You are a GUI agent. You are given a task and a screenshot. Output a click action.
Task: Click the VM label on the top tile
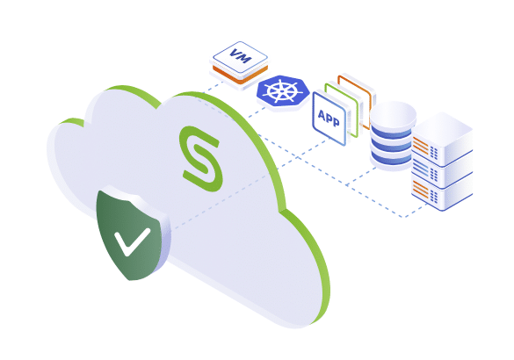pyautogui.click(x=240, y=56)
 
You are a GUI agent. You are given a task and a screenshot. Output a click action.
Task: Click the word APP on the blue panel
pyautogui.click(x=329, y=119)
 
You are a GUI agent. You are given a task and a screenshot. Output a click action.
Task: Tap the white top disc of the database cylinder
pyautogui.click(x=393, y=114)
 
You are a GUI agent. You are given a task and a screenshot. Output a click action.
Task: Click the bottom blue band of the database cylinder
pyautogui.click(x=392, y=160)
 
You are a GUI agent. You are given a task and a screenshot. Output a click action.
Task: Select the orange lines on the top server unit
pyautogui.click(x=421, y=146)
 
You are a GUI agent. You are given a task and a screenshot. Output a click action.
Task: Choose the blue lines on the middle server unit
pyautogui.click(x=421, y=169)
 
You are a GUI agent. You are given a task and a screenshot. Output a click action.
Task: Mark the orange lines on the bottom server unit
pyautogui.click(x=421, y=189)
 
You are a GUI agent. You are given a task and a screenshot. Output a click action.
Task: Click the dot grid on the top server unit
pyautogui.click(x=434, y=153)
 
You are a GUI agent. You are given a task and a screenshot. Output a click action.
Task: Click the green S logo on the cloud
pyautogui.click(x=201, y=158)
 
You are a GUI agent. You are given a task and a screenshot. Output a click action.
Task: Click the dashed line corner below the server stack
pyautogui.click(x=404, y=217)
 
